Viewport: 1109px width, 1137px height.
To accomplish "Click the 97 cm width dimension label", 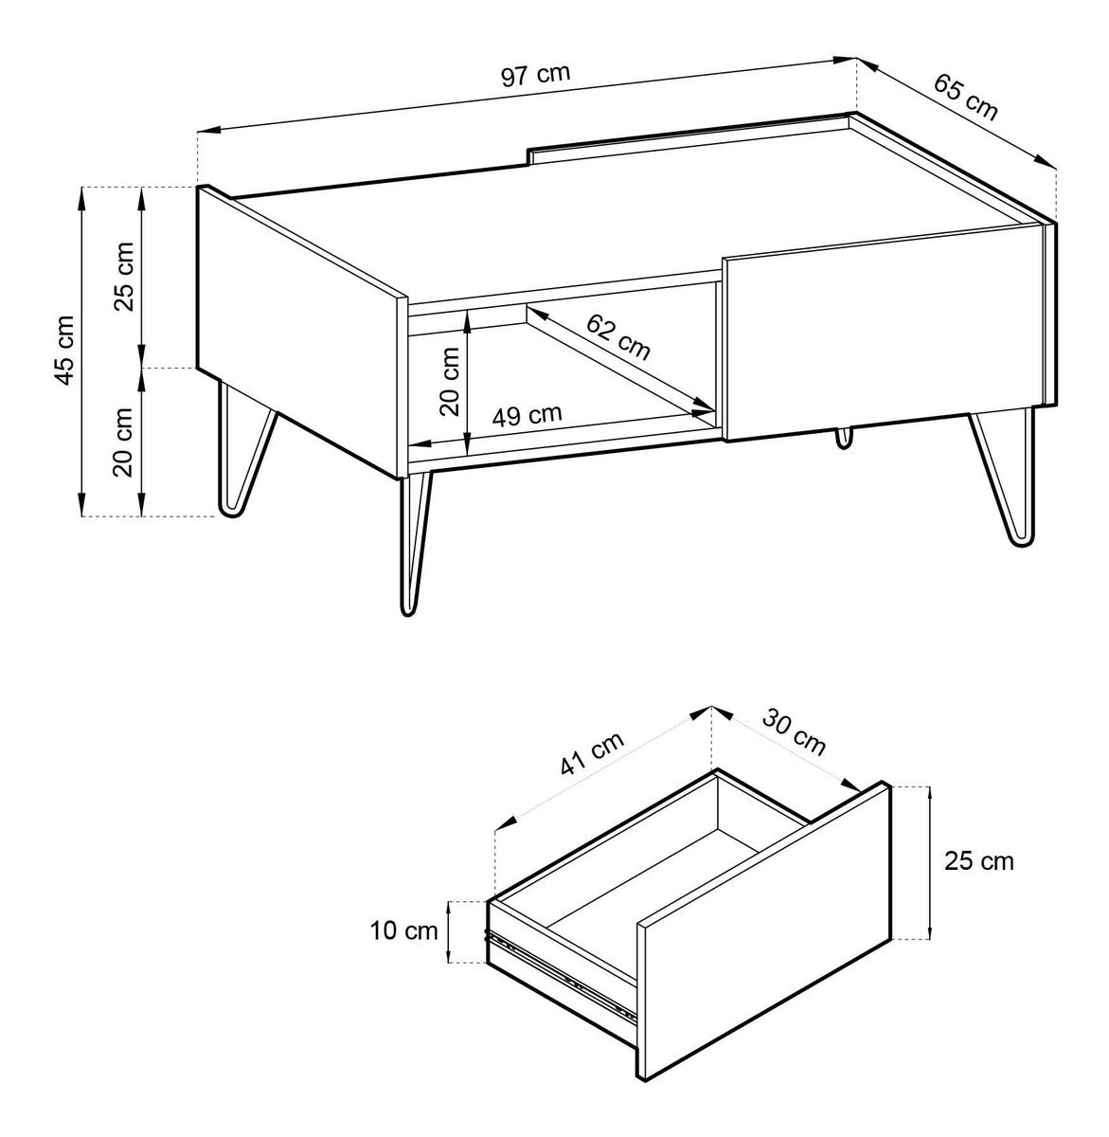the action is point(535,75).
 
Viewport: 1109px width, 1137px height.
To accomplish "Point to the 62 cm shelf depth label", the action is point(617,337).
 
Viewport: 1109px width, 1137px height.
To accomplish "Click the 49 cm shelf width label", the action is point(527,415).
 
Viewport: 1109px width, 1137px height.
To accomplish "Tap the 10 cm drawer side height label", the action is point(403,930).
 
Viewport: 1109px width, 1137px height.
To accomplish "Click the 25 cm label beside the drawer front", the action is point(979,862).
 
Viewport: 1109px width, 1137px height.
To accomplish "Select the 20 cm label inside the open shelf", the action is point(450,380).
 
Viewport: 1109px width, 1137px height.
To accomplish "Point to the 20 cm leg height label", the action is point(123,442).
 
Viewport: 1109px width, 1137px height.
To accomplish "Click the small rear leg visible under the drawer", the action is point(843,438).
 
